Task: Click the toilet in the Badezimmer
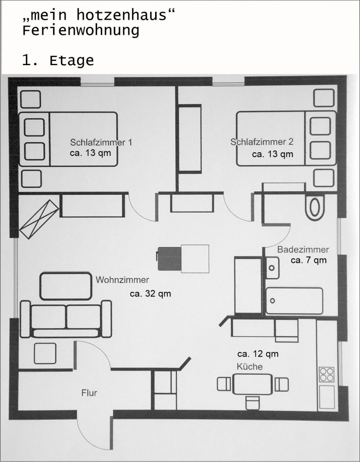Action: tap(315, 207)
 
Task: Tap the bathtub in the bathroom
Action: tap(294, 301)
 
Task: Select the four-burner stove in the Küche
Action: tap(327, 374)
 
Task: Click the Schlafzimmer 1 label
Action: tap(101, 142)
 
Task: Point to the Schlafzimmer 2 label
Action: tap(262, 142)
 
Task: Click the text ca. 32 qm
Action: tap(150, 294)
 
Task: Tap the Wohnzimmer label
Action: tap(122, 280)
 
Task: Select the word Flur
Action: tap(89, 393)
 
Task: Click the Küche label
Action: tap(249, 366)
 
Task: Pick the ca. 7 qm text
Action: tap(309, 260)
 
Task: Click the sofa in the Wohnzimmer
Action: tap(66, 319)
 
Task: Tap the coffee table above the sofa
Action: tap(66, 286)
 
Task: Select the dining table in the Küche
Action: tap(252, 384)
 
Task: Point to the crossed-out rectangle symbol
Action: tap(39, 219)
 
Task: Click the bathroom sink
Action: tap(272, 268)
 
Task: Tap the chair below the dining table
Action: tap(253, 403)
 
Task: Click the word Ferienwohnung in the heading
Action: tap(81, 30)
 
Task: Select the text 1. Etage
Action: tap(58, 60)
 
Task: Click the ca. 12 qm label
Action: tap(258, 354)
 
